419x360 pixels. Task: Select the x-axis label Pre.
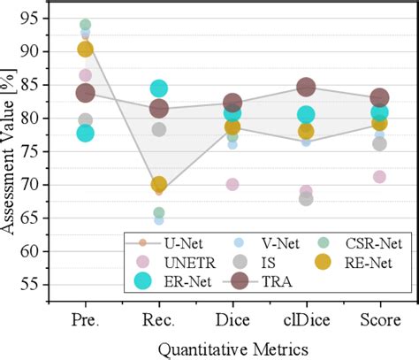(x=85, y=318)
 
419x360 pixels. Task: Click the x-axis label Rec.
(x=159, y=318)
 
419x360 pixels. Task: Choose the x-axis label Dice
(x=232, y=318)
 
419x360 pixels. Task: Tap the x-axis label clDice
(x=306, y=318)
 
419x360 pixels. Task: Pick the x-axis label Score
(x=379, y=318)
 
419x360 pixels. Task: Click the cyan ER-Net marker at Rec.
(x=159, y=88)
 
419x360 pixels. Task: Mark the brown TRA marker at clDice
(x=306, y=87)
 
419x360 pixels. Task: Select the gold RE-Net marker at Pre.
(x=86, y=50)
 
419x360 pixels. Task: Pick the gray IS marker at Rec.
(x=159, y=129)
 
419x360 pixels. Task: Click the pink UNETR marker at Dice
(x=232, y=184)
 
